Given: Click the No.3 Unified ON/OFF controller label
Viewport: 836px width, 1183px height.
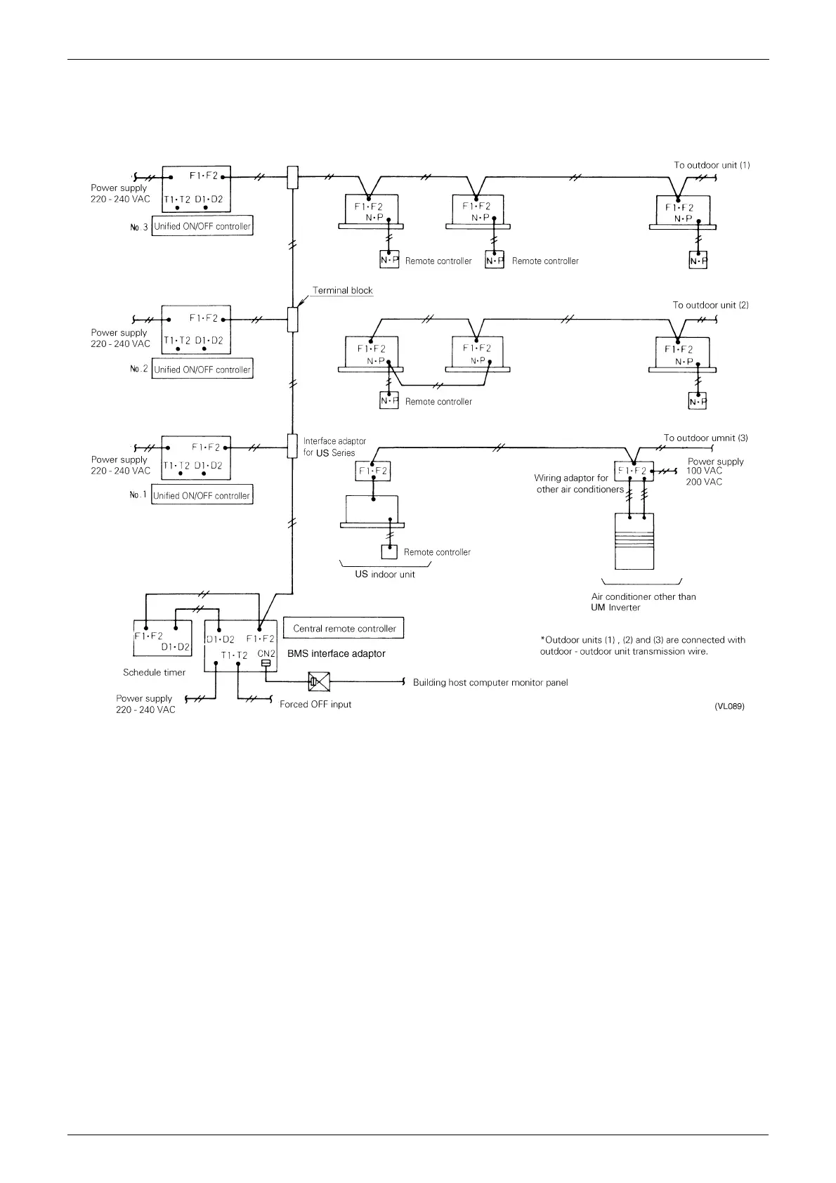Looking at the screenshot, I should [202, 226].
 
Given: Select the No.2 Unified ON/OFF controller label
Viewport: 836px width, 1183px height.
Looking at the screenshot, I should [202, 370].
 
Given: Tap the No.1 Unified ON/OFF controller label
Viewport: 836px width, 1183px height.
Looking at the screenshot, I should [202, 495].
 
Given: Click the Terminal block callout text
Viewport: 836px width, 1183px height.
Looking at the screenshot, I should [342, 290].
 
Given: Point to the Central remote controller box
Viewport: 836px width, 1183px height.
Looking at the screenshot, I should [344, 628].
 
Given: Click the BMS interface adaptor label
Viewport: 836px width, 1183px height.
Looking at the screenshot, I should [336, 653].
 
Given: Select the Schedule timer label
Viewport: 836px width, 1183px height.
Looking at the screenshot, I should [154, 672].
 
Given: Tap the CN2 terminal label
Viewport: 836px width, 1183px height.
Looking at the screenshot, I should [266, 653].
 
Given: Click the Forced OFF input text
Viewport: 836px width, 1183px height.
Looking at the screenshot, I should [315, 704].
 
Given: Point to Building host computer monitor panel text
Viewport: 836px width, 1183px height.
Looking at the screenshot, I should [490, 682].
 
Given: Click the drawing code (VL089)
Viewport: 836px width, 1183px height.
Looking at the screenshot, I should [729, 706].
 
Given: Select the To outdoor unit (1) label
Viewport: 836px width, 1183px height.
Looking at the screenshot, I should [712, 165].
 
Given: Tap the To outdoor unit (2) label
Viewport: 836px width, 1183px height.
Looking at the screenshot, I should [710, 305].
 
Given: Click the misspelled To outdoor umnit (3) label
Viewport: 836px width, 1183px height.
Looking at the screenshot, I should [705, 438].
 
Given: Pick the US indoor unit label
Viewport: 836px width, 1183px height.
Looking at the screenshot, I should [384, 574].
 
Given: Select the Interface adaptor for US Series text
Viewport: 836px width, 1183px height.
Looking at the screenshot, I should [334, 447].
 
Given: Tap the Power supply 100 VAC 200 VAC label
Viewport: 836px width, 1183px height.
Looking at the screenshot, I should [714, 471].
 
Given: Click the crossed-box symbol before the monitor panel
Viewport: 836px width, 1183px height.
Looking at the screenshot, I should [318, 681].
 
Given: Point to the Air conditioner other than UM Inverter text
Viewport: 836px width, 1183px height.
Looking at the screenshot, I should [643, 601].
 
